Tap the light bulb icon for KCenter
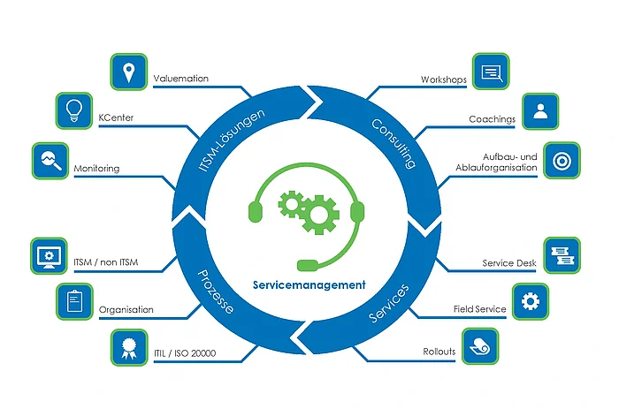(75, 110)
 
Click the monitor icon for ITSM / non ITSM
(49, 255)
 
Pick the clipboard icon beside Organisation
(75, 302)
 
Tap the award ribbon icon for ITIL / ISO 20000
(129, 347)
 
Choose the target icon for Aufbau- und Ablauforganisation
(560, 162)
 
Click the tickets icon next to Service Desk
(561, 255)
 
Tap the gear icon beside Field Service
(530, 301)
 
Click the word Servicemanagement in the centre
(309, 285)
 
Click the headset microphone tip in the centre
(307, 263)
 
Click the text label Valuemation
(180, 79)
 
